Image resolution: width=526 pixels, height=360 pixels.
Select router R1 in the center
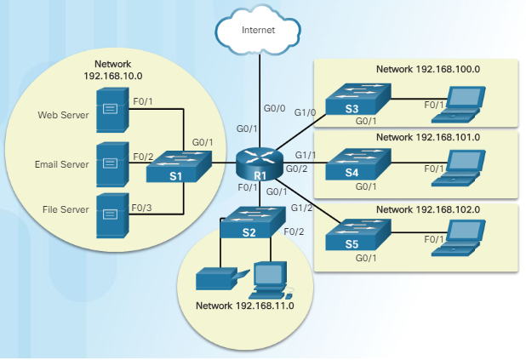tap(260, 158)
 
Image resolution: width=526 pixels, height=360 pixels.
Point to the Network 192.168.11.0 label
tap(244, 306)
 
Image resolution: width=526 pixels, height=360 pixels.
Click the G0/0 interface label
tap(275, 109)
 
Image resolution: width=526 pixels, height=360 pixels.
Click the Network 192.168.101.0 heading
tap(427, 136)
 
